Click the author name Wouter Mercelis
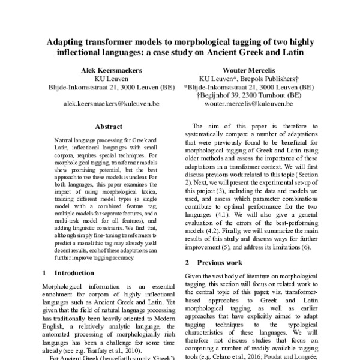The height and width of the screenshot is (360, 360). tap(248, 70)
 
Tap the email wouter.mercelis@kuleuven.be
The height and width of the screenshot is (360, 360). tap(248, 104)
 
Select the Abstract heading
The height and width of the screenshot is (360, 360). tap(109, 127)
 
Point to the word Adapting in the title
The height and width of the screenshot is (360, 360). tap(71, 43)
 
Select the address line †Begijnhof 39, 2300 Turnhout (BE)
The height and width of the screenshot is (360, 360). tap(248, 95)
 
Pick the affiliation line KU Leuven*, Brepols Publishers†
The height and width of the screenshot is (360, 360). tap(248, 79)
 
